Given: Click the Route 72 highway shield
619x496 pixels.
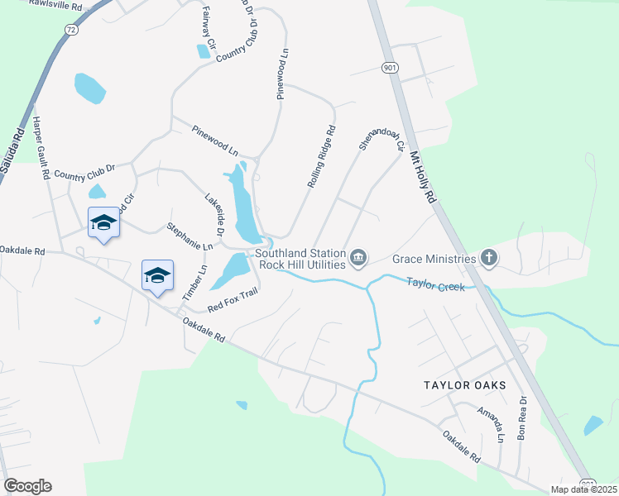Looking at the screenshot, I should [x=70, y=29].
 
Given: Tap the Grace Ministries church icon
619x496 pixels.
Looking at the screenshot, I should [x=489, y=259].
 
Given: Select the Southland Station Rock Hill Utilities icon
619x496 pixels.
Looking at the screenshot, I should [x=358, y=259].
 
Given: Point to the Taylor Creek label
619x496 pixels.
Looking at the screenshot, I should [x=434, y=284].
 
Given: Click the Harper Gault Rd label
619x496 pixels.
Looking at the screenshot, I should [x=42, y=148].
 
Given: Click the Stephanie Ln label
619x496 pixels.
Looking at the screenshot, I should [x=190, y=236].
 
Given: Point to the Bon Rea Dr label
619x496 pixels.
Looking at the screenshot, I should [x=522, y=421].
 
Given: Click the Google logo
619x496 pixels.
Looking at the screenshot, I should [x=27, y=486].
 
